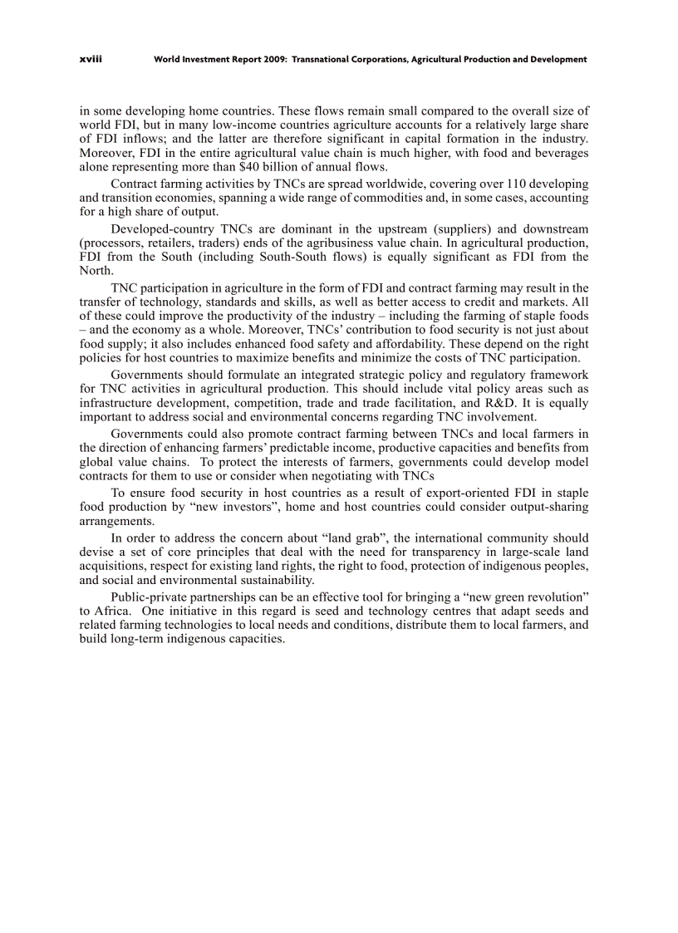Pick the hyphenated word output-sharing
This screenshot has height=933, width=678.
click(x=548, y=507)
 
